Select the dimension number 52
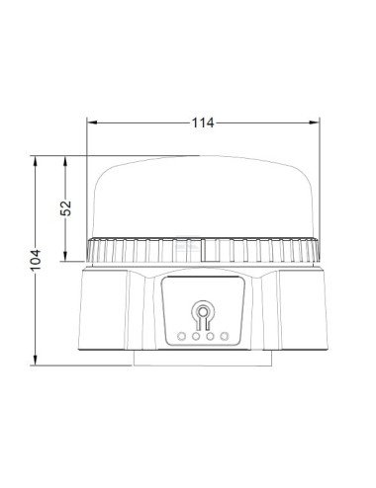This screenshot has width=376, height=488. click(66, 207)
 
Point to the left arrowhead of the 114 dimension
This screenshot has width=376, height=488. click(90, 122)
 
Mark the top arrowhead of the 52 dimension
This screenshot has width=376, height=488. click(66, 158)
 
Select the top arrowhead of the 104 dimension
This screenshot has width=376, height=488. click(37, 158)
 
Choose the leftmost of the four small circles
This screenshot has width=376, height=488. click(182, 336)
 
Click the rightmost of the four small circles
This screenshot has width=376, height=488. click(225, 336)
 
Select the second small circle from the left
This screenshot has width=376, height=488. click(196, 336)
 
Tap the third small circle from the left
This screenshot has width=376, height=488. click(210, 336)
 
